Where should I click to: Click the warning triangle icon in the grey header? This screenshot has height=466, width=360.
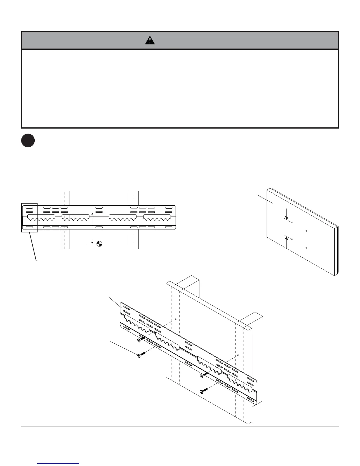coord(150,40)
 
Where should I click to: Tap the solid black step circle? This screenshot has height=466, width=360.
coord(28,141)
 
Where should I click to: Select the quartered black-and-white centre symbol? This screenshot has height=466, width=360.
coord(99,244)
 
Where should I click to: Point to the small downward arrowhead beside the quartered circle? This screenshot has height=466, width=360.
coord(92,242)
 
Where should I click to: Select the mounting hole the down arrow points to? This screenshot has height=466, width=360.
coord(291,223)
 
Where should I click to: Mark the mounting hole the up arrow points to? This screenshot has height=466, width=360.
coord(291,239)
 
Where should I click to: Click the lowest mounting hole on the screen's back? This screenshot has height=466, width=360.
coord(306,248)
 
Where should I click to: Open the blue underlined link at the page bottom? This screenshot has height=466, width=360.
coord(59,463)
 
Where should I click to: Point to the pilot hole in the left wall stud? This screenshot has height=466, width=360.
coord(175,319)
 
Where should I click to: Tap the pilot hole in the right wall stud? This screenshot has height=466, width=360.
coord(238,355)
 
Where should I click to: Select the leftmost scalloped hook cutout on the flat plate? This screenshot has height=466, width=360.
coord(41,218)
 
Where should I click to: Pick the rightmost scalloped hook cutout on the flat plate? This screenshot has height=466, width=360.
coord(157,218)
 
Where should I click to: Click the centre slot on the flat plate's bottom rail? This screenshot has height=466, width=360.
coord(99,227)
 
